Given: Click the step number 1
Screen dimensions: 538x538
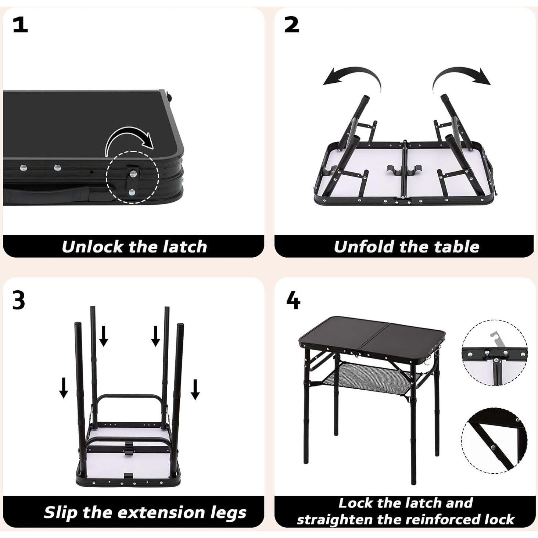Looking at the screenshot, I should pos(20,25).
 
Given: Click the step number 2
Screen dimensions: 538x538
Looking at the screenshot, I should pos(291,25).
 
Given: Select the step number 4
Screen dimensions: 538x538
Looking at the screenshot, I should pos(293,301).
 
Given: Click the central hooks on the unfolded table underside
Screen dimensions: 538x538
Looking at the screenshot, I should pos(404,171).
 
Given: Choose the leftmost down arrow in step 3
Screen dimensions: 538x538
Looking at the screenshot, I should pos(64,388).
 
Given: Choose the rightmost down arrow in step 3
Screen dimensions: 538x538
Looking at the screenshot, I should pos(195,390).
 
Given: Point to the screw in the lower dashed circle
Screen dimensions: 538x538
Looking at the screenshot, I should pos(492,447).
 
